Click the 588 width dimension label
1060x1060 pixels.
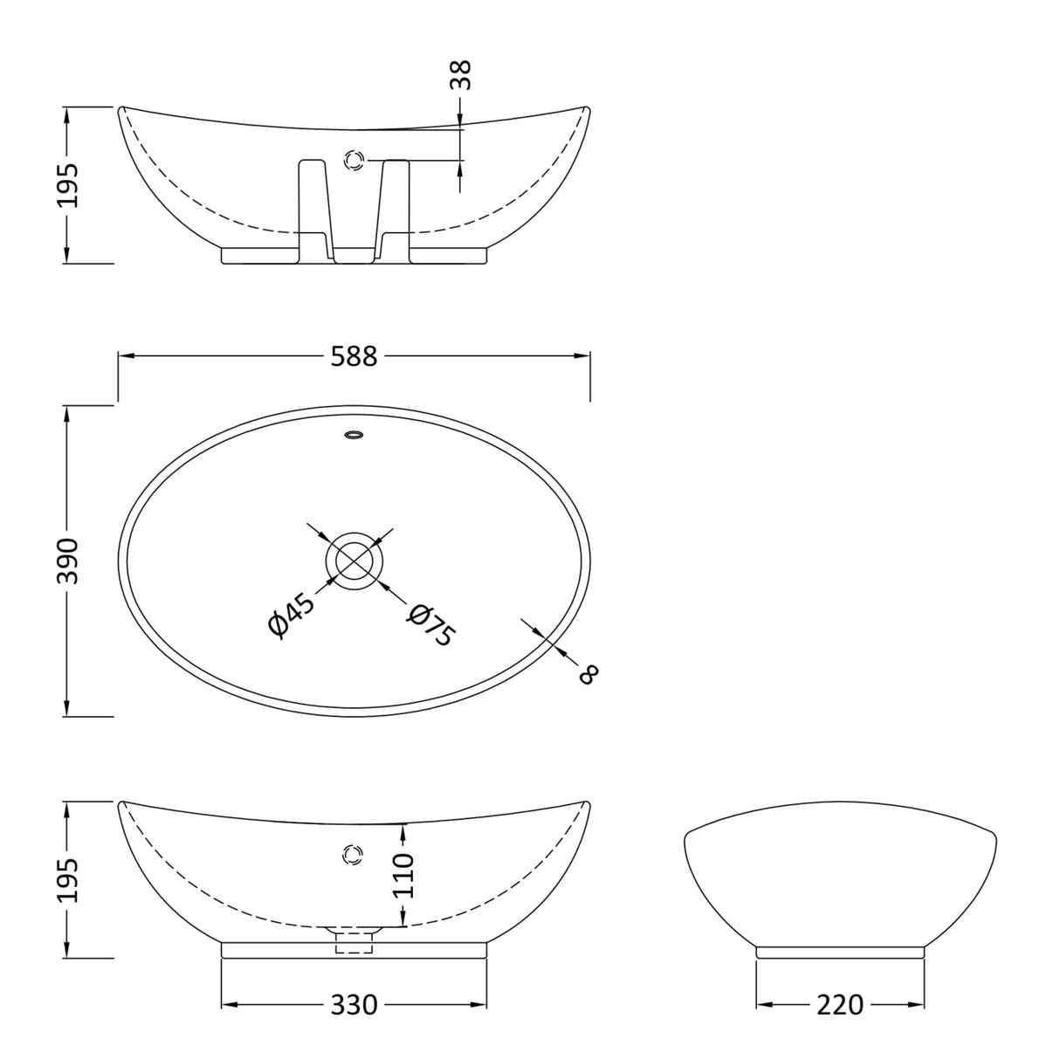click(x=354, y=356)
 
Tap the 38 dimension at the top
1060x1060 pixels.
click(x=460, y=75)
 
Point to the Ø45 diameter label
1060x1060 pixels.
click(x=291, y=616)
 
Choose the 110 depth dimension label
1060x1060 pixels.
click(x=403, y=876)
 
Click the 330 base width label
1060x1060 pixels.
click(x=354, y=1005)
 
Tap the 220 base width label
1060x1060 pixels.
click(x=839, y=1005)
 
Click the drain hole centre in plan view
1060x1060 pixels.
click(x=354, y=560)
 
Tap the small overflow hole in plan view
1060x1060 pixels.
click(x=354, y=434)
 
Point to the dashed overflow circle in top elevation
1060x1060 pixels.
click(x=354, y=161)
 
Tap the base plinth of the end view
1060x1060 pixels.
click(x=839, y=952)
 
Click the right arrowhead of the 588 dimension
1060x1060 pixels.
click(x=583, y=356)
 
